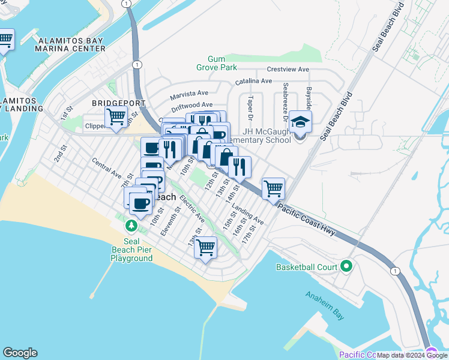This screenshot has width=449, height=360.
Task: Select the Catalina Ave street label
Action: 253,81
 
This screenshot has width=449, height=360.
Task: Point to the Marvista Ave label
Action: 188,94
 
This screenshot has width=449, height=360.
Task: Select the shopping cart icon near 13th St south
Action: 205,247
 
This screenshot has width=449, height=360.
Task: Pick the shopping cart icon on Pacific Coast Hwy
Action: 273,188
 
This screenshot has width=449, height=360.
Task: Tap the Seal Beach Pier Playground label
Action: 131,250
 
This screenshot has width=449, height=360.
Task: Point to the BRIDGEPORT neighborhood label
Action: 111,103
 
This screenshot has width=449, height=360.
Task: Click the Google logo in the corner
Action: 20,353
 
